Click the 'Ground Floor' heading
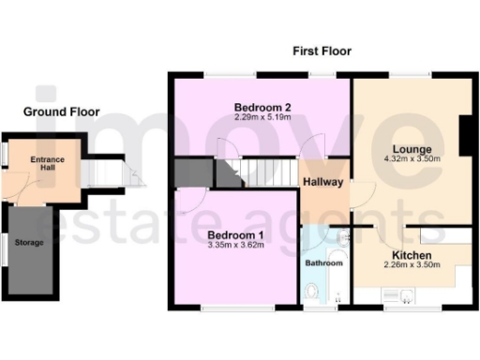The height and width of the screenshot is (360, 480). coord(62,112)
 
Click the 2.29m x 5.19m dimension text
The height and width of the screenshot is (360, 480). coord(262,116)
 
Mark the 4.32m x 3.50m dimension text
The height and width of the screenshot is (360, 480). coord(412,159)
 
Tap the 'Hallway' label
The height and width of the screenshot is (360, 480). coord(323,182)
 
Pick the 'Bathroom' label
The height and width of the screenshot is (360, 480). coord(324,263)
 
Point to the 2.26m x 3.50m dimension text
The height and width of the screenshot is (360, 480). coord(412,266)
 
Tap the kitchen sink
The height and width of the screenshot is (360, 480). coord(405,297)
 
